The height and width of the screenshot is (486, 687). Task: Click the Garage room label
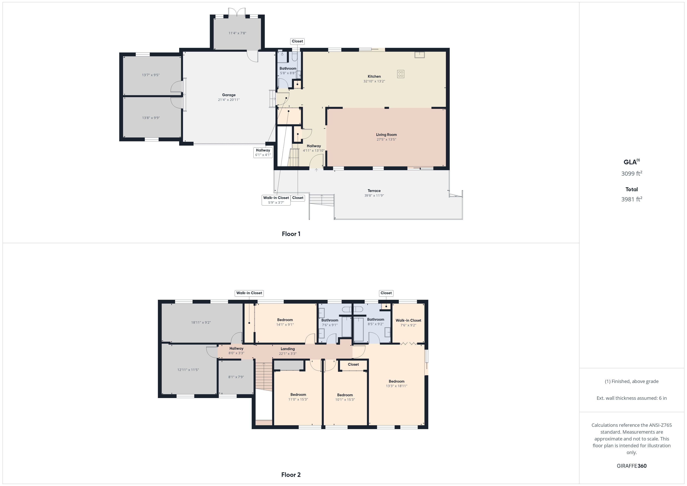(x=229, y=95)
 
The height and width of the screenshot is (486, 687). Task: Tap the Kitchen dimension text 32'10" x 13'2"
(x=374, y=81)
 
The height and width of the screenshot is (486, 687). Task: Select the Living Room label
(x=386, y=135)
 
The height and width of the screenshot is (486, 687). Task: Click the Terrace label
(x=374, y=191)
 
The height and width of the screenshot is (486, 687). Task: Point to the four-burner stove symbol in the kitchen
(x=401, y=74)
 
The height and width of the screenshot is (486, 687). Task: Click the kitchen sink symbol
(x=419, y=55)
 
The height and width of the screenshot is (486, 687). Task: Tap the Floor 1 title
(x=291, y=234)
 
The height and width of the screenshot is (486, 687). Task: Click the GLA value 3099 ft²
(x=632, y=173)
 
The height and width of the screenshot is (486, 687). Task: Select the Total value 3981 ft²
(x=632, y=199)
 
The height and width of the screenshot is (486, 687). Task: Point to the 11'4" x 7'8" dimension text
(x=237, y=33)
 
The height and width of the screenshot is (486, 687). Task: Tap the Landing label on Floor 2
(x=288, y=349)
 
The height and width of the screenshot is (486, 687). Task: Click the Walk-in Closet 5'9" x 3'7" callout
(x=276, y=200)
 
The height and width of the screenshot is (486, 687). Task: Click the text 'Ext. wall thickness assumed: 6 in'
(x=632, y=398)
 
